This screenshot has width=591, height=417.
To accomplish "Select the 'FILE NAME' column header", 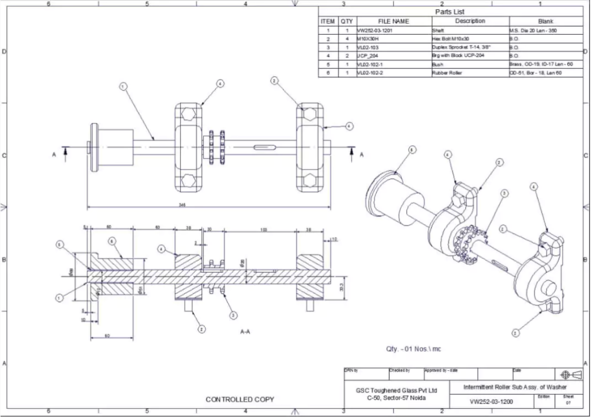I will pyautogui.click(x=393, y=21).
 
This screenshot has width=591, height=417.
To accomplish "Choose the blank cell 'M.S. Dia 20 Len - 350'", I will pyautogui.click(x=540, y=30).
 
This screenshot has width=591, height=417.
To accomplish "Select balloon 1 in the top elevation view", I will pyautogui.click(x=123, y=87).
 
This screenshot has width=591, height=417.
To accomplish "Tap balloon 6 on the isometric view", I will pyautogui.click(x=412, y=149).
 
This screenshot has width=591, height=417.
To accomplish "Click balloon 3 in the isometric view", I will pyautogui.click(x=504, y=193).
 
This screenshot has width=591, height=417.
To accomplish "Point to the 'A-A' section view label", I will pyautogui.click(x=245, y=333).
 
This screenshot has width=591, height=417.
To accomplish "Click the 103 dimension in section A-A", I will pyautogui.click(x=264, y=229).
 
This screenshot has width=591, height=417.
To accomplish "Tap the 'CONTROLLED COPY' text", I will pyautogui.click(x=240, y=399).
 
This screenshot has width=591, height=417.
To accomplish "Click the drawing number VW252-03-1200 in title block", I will pyautogui.click(x=491, y=401).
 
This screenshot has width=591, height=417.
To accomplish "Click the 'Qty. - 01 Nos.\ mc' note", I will pyautogui.click(x=414, y=349).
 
